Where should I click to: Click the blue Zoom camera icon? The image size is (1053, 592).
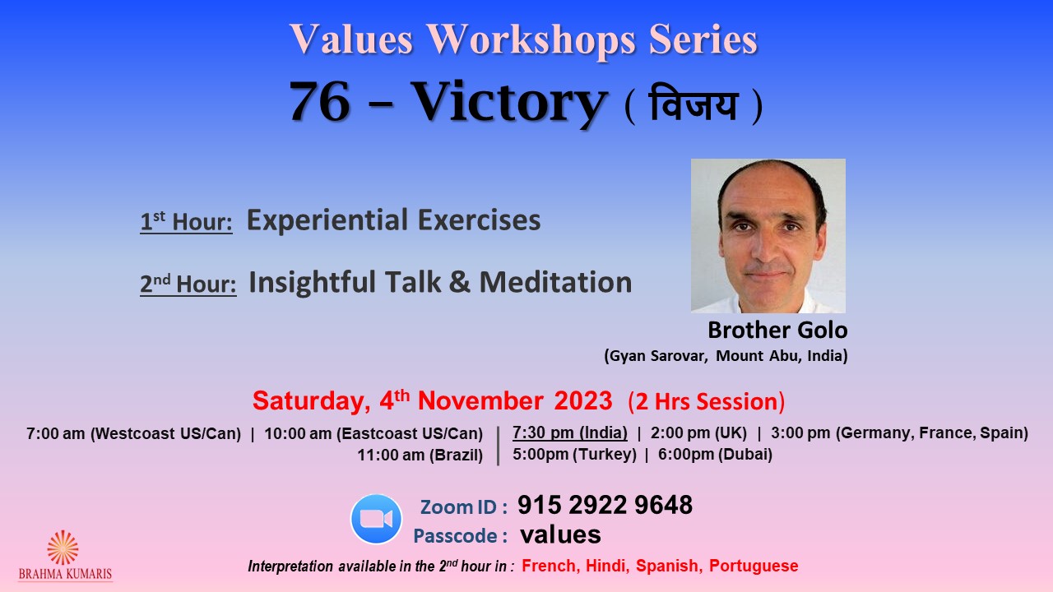coord(376,519)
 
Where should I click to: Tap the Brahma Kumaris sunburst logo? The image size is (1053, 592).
coord(63,548)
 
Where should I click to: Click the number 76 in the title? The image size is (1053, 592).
coord(320,101)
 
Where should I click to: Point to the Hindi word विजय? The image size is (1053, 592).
coord(693,104)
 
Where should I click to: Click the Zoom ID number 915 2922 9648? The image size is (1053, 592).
coord(605,505)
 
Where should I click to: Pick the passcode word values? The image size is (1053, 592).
coord(560,534)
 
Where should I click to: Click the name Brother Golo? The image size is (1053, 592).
coord(777,330)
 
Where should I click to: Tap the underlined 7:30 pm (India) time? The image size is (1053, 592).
coord(570,432)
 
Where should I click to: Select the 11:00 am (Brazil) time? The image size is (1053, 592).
coord(420,456)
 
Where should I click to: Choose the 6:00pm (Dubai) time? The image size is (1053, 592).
coord(715,455)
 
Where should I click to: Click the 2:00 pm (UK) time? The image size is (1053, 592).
coord(698,432)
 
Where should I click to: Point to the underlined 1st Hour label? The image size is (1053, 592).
coord(186,221)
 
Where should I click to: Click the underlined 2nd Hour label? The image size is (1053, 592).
coord(188,284)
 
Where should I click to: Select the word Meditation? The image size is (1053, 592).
coord(555,282)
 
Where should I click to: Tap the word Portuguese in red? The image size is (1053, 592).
coord(754,567)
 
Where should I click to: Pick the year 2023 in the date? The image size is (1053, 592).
coord(583,400)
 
